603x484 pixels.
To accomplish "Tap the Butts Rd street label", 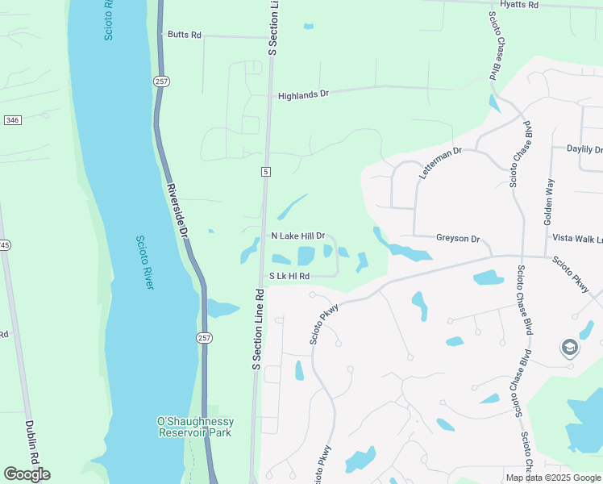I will (x=185, y=35).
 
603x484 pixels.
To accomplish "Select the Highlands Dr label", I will (x=304, y=94).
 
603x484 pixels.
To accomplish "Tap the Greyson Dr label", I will (x=458, y=239).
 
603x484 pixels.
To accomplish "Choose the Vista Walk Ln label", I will (x=576, y=239).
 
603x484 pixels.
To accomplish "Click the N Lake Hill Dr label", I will (x=297, y=236).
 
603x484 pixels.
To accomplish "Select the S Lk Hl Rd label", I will (x=289, y=276).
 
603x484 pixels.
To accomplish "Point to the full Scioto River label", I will (x=143, y=263).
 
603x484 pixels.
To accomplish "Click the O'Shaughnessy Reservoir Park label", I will (x=195, y=427).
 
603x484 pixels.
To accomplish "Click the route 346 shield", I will (x=12, y=120).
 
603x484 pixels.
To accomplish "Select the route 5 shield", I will (x=264, y=172).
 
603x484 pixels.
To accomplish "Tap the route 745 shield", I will (x=3, y=245).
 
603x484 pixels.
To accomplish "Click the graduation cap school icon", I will (x=570, y=348).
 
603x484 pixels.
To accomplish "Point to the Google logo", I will (x=27, y=474).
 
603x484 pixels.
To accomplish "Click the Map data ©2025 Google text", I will (x=553, y=478).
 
